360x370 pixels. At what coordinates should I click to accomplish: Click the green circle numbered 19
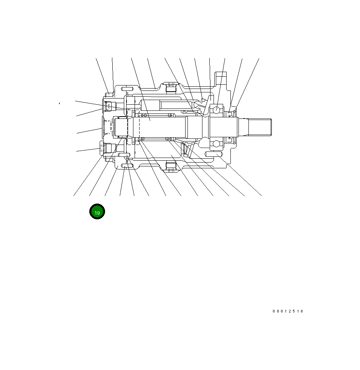[97, 212]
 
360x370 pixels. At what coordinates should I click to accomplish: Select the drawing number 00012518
[288, 311]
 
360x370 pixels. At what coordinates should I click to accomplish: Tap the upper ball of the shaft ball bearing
[217, 110]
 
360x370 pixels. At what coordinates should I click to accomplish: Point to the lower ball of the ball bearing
[217, 144]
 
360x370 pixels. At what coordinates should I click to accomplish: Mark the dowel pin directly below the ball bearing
[214, 154]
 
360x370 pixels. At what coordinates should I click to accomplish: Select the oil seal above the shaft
[230, 114]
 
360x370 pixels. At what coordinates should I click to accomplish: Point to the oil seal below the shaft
[230, 139]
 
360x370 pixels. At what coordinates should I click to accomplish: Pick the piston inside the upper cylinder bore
[169, 105]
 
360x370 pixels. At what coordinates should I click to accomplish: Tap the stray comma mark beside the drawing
[59, 103]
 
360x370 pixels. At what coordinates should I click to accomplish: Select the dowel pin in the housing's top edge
[127, 89]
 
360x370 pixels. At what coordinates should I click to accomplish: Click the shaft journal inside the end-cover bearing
[123, 127]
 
